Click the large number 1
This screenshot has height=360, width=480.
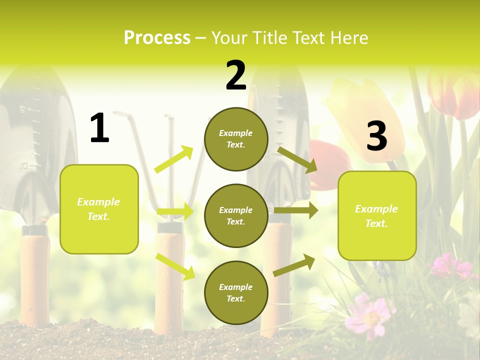pos(99,128)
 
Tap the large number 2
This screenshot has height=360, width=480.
pos(236,75)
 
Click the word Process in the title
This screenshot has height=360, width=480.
pos(157,37)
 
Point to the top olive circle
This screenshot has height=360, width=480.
pos(236,139)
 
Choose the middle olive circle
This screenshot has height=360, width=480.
pos(236,216)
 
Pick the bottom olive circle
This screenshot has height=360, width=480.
pos(236,293)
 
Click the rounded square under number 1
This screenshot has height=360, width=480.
pos(99,209)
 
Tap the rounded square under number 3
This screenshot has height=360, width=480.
pos(377,216)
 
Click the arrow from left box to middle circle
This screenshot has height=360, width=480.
pos(175,212)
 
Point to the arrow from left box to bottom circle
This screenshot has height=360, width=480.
pos(175,266)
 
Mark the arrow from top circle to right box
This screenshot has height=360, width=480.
pos(297,159)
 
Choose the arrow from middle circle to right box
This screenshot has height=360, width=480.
pos(295,210)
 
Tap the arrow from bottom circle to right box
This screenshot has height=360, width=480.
pos(294,265)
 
